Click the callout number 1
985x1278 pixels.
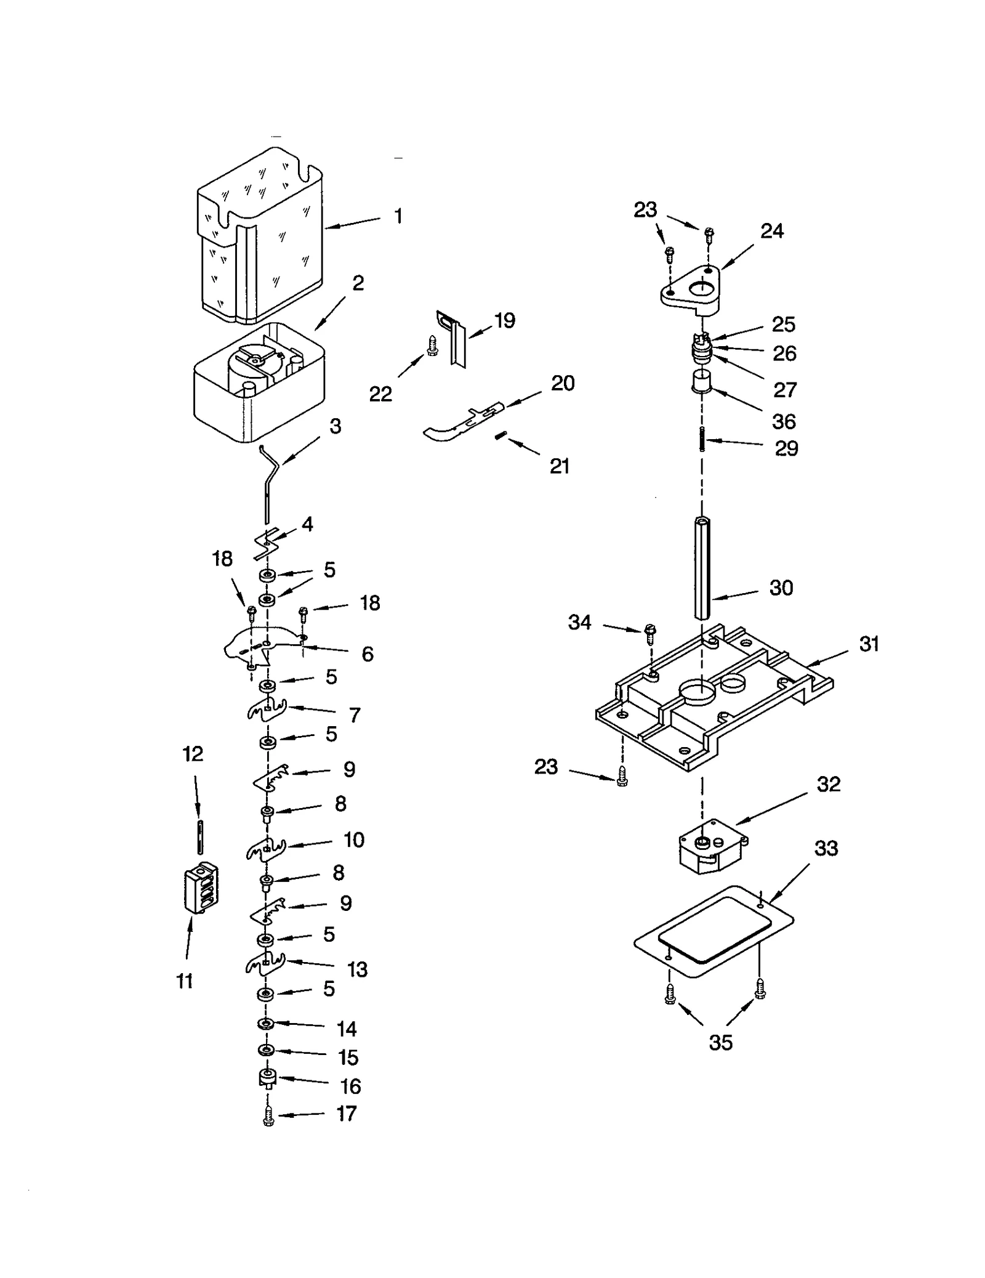(x=398, y=216)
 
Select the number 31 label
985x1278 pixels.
(x=869, y=644)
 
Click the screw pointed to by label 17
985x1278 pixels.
(x=268, y=1117)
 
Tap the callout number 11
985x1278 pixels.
(x=185, y=981)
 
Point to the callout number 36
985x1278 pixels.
(x=784, y=422)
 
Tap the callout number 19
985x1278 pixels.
(x=504, y=321)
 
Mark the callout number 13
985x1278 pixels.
(x=357, y=969)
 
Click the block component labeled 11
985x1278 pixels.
(x=201, y=887)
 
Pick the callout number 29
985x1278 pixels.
(x=786, y=448)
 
